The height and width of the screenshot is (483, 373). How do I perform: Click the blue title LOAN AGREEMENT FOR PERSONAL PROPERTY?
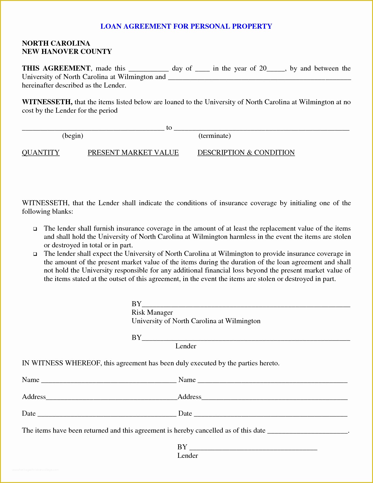[x=186, y=26]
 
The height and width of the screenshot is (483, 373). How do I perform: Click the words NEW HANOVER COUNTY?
[x=67, y=52]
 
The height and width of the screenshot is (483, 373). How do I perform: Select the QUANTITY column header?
[x=41, y=153]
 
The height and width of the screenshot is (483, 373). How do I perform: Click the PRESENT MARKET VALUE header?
[x=133, y=153]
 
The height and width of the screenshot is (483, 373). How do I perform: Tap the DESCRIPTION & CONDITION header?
[x=246, y=153]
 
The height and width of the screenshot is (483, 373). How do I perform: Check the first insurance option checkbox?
[x=35, y=229]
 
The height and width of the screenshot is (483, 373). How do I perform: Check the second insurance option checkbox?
[x=35, y=254]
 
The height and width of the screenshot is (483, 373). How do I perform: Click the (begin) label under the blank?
[x=73, y=136]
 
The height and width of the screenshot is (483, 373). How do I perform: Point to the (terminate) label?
[x=214, y=136]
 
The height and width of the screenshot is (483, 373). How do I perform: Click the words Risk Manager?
[x=152, y=313]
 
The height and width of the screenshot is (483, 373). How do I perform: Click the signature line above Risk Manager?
[x=246, y=304]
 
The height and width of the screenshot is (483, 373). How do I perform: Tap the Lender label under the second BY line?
[x=186, y=346]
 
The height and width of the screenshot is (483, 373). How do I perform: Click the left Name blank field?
[x=109, y=381]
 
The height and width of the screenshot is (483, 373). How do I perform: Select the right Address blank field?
[x=274, y=398]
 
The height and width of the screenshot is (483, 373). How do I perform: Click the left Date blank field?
[x=107, y=414]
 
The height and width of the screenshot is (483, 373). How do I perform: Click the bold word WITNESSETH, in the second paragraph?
[x=47, y=102]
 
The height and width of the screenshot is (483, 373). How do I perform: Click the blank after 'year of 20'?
[x=276, y=69]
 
